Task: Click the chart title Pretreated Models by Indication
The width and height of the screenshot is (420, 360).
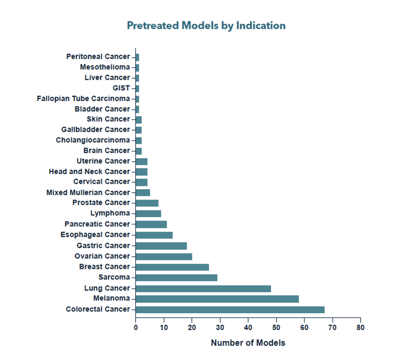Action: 206,26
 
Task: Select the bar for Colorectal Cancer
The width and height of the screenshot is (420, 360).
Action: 230,309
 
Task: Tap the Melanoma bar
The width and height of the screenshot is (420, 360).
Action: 217,298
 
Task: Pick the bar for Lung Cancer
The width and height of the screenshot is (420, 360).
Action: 203,288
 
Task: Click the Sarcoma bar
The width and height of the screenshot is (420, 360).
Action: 176,278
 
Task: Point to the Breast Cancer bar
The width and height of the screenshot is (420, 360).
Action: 172,267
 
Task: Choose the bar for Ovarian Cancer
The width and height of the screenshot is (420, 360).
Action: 164,256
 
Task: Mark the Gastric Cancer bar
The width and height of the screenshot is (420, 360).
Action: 161,246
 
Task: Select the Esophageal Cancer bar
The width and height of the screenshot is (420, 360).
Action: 154,235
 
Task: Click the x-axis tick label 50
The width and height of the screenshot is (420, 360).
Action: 276,327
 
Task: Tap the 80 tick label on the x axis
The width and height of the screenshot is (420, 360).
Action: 360,327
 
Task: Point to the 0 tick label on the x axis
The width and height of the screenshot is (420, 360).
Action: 135,327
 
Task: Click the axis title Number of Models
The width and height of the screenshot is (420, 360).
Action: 248,343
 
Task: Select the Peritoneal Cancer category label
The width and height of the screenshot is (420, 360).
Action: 98,56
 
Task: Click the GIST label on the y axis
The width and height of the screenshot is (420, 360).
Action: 121,88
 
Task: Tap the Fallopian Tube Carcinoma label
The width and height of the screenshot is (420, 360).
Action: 83,98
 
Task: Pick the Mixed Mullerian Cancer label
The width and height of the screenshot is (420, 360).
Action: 88,192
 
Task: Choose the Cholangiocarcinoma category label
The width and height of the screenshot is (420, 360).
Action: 93,140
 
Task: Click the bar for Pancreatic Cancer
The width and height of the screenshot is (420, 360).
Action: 151,224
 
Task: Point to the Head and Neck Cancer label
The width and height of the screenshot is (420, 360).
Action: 89,171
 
